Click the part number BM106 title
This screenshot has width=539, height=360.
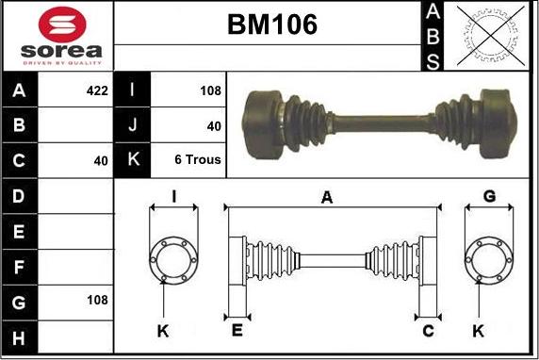coord(271,25)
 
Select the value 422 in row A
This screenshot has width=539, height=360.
coord(97,90)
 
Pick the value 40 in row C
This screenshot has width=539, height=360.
coord(101,160)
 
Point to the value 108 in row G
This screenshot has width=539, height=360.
coord(97,300)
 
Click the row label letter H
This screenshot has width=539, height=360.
coord(20,335)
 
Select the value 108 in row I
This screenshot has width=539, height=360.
coord(210,90)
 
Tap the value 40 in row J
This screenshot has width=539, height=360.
coord(213,125)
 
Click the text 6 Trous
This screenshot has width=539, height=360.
coord(198,160)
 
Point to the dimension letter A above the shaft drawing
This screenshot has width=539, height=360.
coord(327,197)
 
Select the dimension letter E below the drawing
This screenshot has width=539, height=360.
coord(237,330)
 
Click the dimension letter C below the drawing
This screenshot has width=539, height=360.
coord(428,330)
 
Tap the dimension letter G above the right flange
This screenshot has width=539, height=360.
coord(489,196)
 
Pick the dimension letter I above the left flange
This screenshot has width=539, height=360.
coord(173,196)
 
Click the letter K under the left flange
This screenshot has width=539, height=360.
coord(162,330)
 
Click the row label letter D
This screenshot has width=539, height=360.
coord(20,196)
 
